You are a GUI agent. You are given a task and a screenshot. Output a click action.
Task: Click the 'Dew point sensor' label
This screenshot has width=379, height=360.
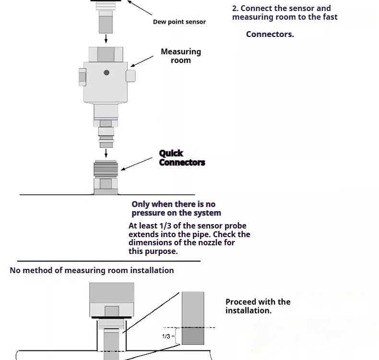[x=179, y=22]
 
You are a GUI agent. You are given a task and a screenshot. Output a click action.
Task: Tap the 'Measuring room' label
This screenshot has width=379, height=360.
[x=180, y=56]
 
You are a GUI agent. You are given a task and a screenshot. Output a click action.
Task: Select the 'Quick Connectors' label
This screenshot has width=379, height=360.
[x=181, y=158]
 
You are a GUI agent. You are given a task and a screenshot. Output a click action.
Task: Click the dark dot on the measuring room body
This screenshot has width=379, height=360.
[x=107, y=72]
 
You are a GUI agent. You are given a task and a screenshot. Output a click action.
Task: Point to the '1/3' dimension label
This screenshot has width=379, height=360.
[x=166, y=336]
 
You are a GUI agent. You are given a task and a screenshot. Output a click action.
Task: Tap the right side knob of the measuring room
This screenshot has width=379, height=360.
[x=130, y=76]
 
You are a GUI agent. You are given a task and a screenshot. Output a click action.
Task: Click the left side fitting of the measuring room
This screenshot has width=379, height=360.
[x=83, y=77]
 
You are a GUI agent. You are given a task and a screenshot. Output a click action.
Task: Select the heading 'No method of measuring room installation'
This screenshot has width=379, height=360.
[x=92, y=270]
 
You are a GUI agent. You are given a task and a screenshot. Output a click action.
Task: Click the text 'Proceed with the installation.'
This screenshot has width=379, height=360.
[x=258, y=306]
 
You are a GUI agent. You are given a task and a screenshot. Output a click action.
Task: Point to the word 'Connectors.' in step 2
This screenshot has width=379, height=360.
[x=270, y=34]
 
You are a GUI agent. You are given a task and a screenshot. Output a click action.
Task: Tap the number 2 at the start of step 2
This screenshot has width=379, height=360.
[x=235, y=8]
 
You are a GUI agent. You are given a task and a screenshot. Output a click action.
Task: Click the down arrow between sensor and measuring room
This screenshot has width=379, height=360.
[x=106, y=39]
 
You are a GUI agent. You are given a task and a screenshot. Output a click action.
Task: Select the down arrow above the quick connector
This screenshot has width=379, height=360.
[x=106, y=153]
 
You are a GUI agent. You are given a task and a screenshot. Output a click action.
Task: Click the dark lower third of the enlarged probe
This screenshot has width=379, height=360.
[x=192, y=336]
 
